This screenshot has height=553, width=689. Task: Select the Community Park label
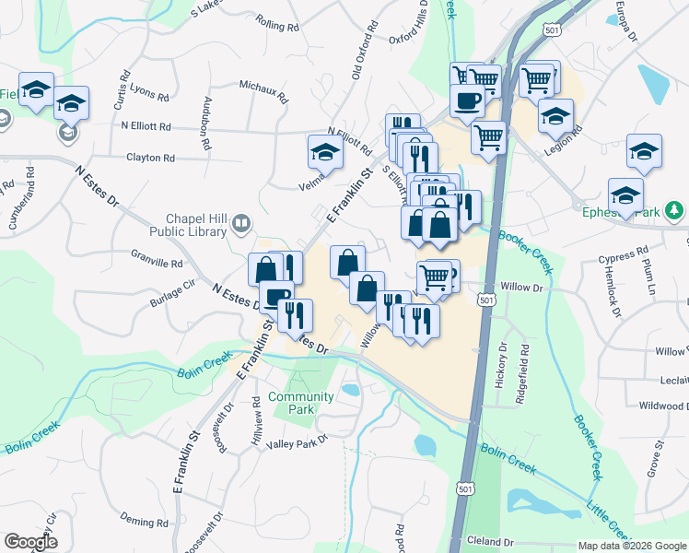(301, 402)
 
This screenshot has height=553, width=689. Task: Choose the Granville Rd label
(158, 263)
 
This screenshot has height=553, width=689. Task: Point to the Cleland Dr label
(490, 541)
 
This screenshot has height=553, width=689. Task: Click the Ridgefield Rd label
(524, 365)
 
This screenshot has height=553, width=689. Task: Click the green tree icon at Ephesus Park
(675, 210)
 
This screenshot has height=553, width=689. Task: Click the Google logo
(30, 542)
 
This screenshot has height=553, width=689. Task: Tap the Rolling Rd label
(278, 27)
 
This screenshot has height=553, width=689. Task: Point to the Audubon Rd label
(207, 124)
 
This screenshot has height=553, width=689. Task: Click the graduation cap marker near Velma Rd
(325, 151)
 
